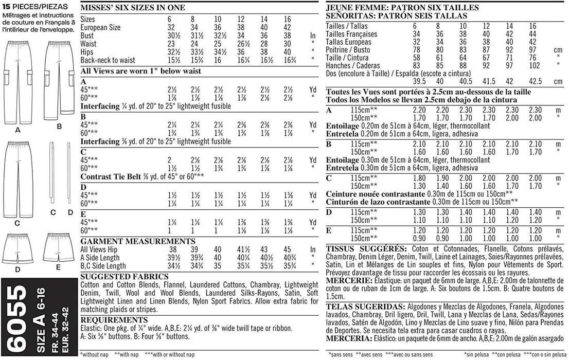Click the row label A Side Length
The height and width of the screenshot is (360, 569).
click(103, 258)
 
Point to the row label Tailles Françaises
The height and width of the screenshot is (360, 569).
click(352, 34)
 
